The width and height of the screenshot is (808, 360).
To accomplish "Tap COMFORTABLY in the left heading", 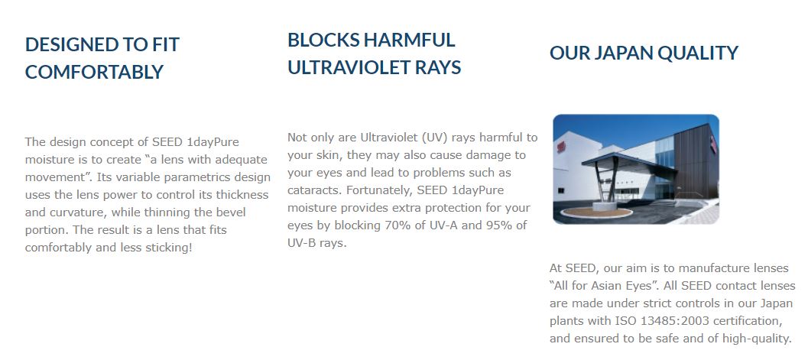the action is click(x=94, y=72).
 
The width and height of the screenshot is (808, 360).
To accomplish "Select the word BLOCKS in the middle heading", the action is click(x=324, y=41).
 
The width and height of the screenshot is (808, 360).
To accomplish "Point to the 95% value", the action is click(x=499, y=225).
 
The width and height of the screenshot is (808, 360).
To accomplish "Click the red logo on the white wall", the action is click(x=560, y=147).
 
